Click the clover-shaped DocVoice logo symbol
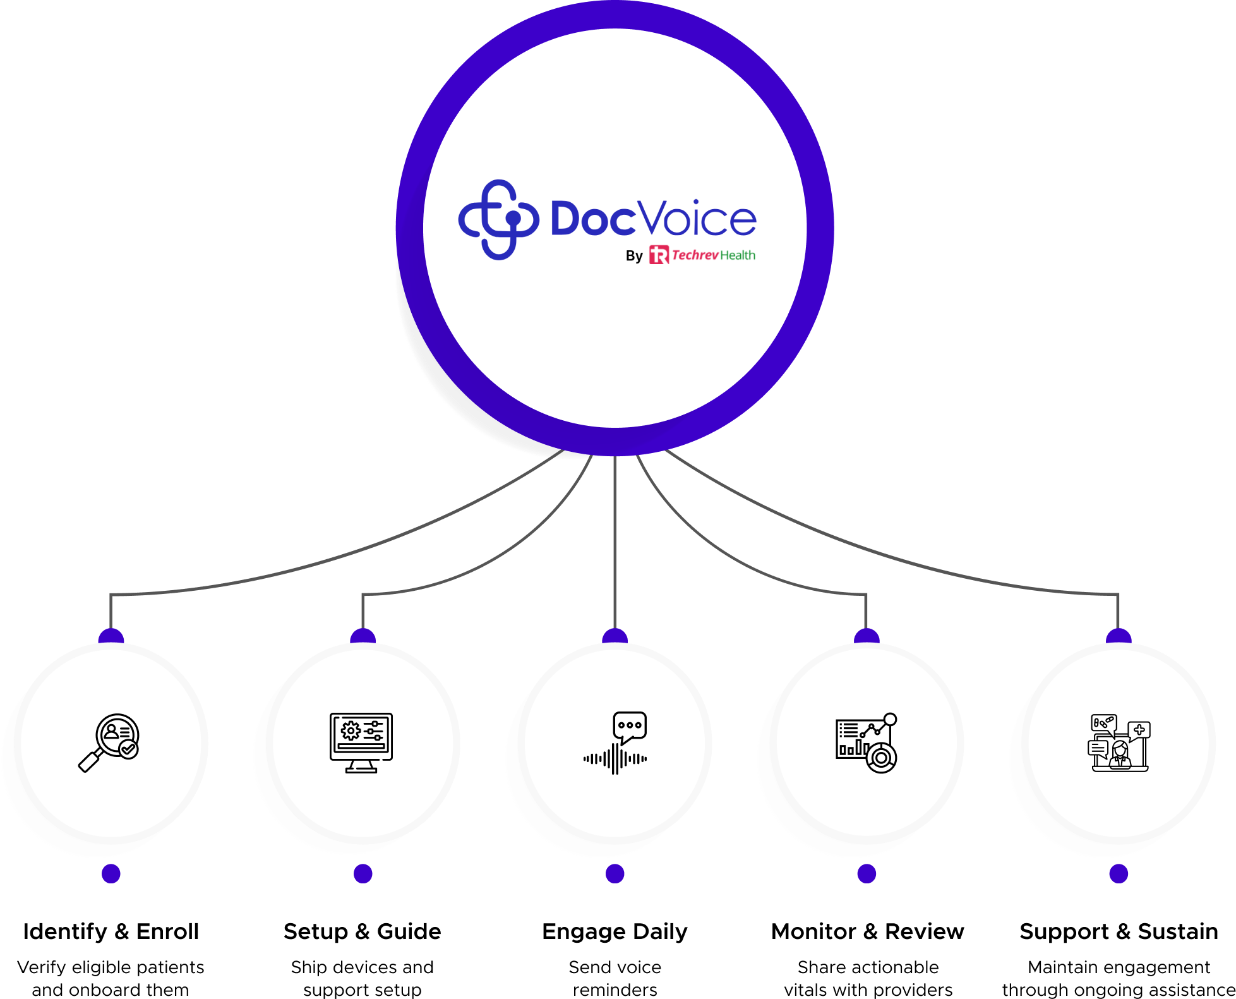point(498,219)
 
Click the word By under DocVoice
point(633,256)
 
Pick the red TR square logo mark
point(659,255)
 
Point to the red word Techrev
point(695,255)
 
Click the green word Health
point(738,255)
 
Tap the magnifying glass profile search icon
point(109,742)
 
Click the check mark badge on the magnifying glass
point(129,749)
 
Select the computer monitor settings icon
point(361,742)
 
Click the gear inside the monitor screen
point(351,731)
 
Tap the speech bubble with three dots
point(630,726)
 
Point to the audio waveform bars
point(615,759)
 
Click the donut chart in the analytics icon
point(881,757)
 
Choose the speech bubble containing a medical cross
point(1139,730)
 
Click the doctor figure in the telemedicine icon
point(1120,755)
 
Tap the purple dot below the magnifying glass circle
point(111,874)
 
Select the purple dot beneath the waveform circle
point(615,874)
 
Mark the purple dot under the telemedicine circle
point(1119,874)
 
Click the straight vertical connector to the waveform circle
point(615,543)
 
